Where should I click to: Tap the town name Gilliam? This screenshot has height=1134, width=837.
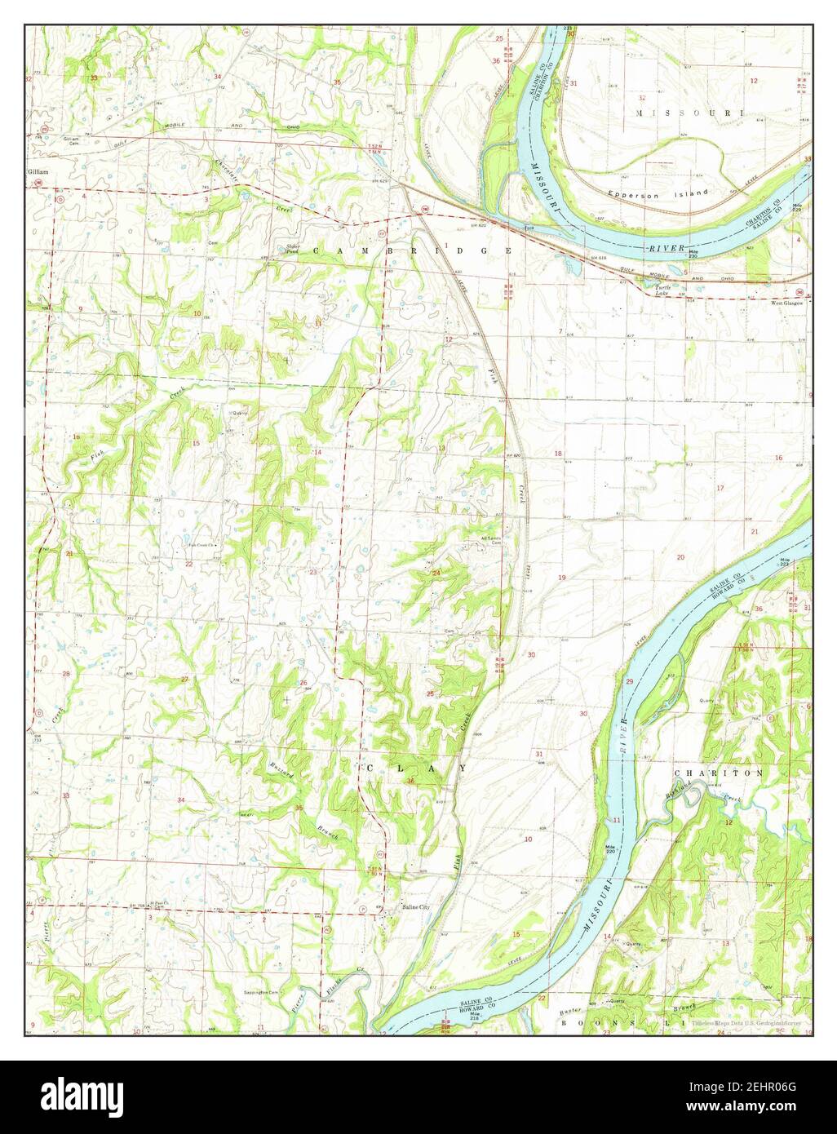click(x=38, y=172)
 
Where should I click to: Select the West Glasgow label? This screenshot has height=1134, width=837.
click(x=787, y=303)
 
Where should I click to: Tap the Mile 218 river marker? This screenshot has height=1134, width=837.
click(x=449, y=1021)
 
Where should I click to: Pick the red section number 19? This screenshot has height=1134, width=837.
click(x=561, y=578)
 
